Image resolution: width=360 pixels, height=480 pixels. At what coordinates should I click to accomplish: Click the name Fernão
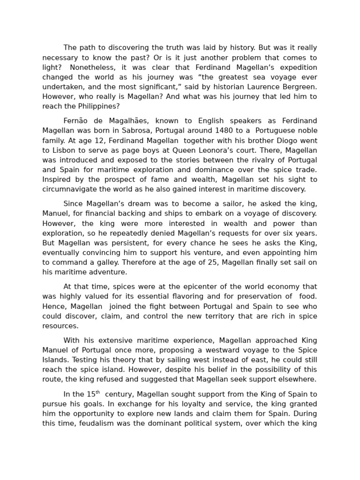tap(76, 121)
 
